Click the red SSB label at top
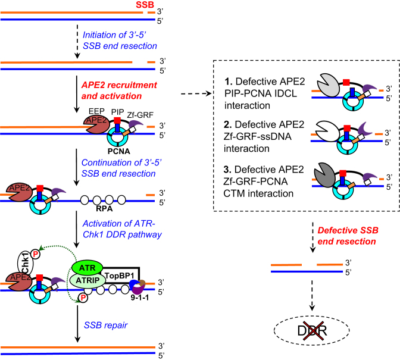143,6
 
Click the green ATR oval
87,252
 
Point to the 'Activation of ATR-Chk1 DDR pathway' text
121,228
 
